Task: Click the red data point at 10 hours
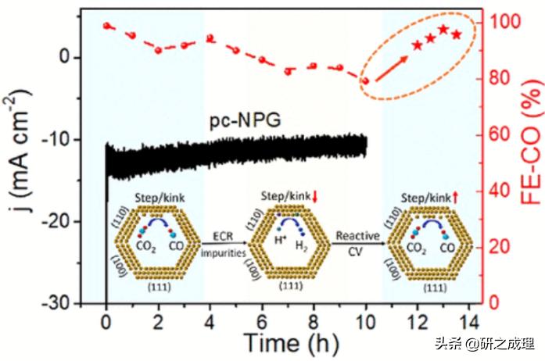[x=364, y=80]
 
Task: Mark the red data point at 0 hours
[x=106, y=26]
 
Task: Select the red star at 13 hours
[x=443, y=30]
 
